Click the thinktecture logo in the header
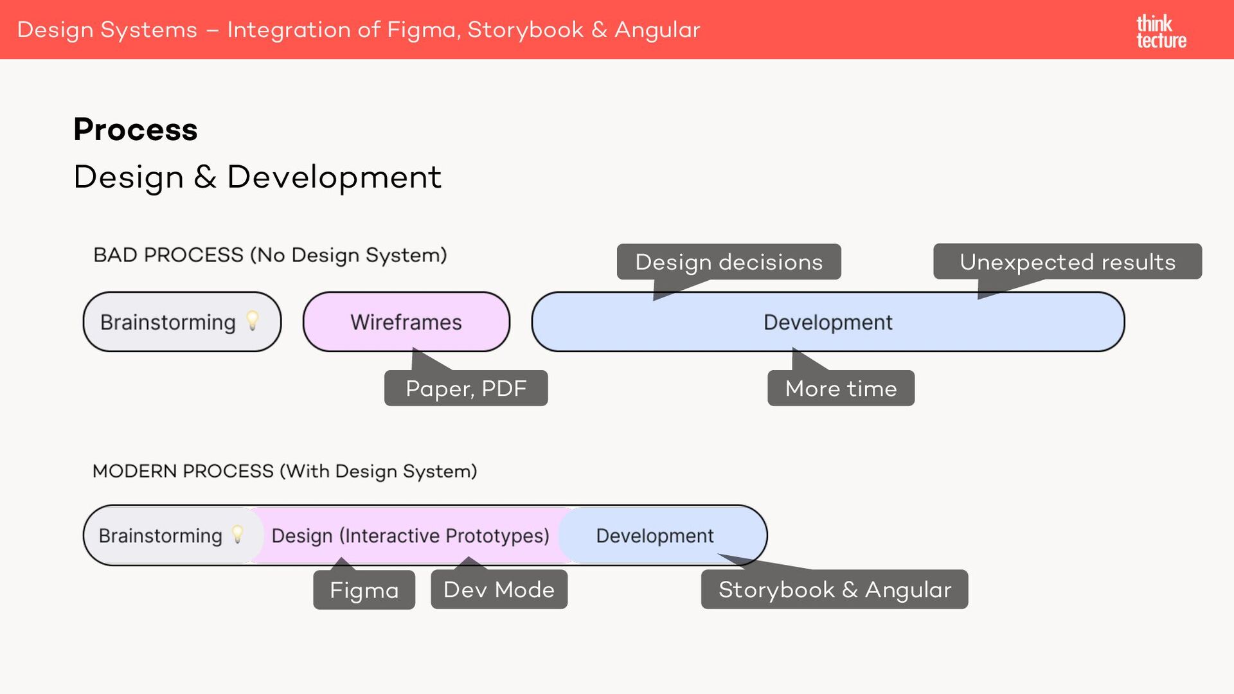click(1161, 31)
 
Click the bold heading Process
click(136, 129)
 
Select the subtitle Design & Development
click(257, 177)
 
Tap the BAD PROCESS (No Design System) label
click(270, 255)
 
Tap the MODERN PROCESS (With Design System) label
click(285, 471)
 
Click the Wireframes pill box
click(406, 322)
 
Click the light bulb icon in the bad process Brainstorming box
click(253, 320)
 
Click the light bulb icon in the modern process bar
click(238, 534)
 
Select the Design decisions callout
click(729, 262)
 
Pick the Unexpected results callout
click(1067, 262)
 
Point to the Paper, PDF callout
click(466, 388)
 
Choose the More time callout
click(841, 388)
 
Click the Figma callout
click(364, 590)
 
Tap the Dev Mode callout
click(499, 589)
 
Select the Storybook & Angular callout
click(834, 589)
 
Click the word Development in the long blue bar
click(828, 322)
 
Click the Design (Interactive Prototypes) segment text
click(410, 535)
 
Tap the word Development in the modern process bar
click(654, 535)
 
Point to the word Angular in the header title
click(657, 30)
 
